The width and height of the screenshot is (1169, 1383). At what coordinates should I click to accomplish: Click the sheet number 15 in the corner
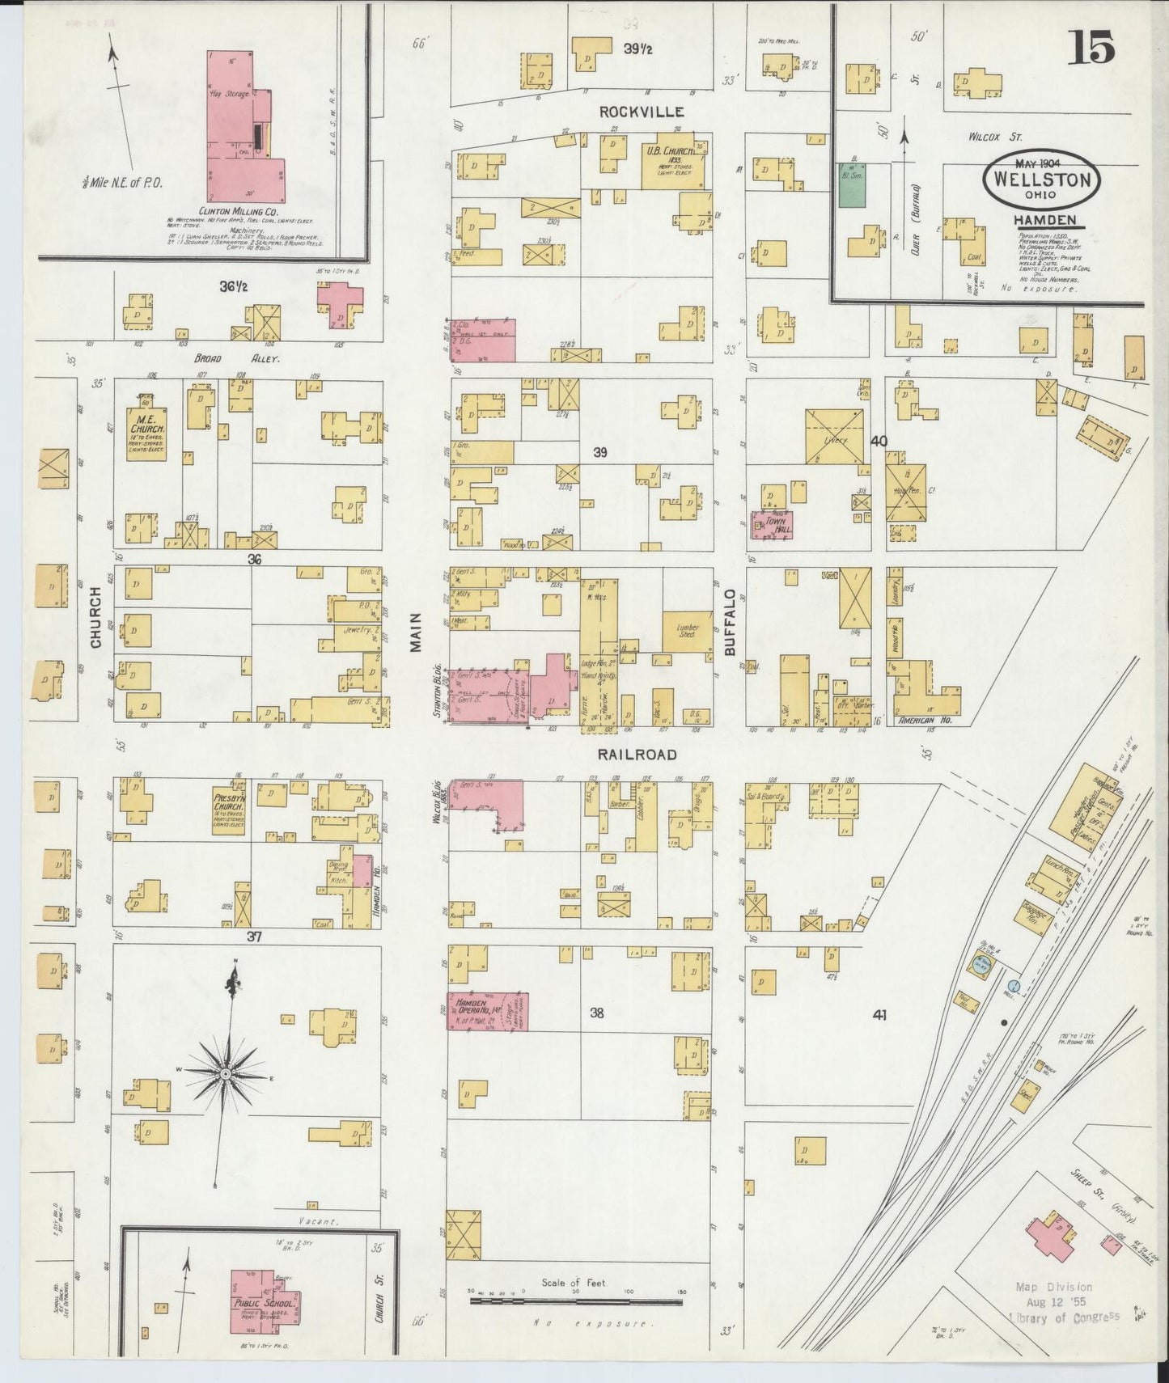pyautogui.click(x=1093, y=48)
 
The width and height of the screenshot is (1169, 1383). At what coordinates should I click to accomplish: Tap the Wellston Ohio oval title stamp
pyautogui.click(x=1043, y=180)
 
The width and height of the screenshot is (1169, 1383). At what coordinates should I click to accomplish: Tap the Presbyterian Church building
pyautogui.click(x=231, y=809)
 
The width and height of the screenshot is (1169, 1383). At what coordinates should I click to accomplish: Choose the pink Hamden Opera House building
pyautogui.click(x=488, y=1011)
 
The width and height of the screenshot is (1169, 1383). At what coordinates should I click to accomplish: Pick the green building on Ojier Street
pyautogui.click(x=850, y=184)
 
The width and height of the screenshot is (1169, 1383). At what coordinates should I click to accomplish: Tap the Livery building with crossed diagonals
pyautogui.click(x=834, y=437)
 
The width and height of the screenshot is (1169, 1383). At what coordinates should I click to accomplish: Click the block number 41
pyautogui.click(x=879, y=1014)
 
